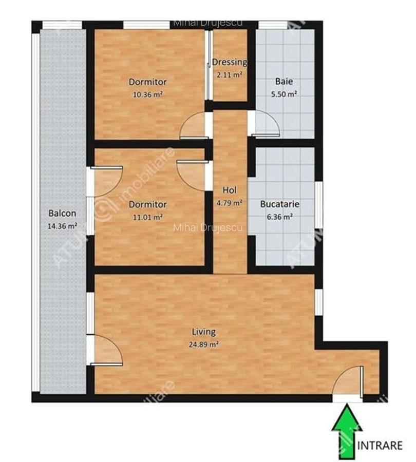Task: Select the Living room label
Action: pyautogui.click(x=204, y=332)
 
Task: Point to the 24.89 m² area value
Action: pyautogui.click(x=204, y=344)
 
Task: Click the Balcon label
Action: pyautogui.click(x=62, y=213)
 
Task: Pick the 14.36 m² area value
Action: pyautogui.click(x=62, y=225)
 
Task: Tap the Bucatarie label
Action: pyautogui.click(x=279, y=204)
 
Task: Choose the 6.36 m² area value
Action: pyautogui.click(x=279, y=217)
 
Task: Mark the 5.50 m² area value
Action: pyautogui.click(x=284, y=94)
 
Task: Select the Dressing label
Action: pyautogui.click(x=230, y=62)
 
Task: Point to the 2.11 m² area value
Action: pyautogui.click(x=230, y=74)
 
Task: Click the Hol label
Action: pyautogui.click(x=229, y=190)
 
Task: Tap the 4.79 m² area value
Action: pyautogui.click(x=229, y=203)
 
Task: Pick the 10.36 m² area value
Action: pyautogui.click(x=147, y=94)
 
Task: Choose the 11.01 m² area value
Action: pyautogui.click(x=147, y=217)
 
